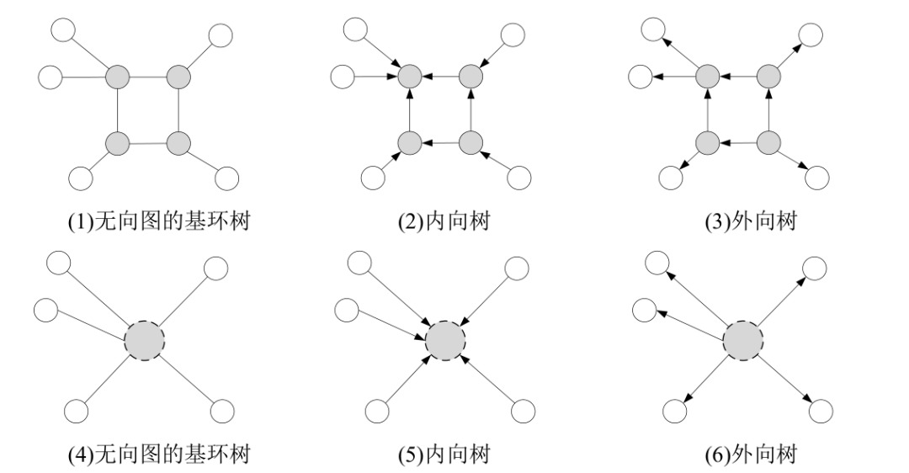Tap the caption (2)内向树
coord(444,223)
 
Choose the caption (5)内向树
coord(444,455)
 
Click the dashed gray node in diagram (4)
coord(145,342)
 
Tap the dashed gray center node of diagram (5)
coord(445,342)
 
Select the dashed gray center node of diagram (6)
coord(743,342)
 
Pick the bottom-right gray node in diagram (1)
coord(178,143)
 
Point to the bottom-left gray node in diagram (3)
coord(707,143)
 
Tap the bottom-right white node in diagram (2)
coord(520,178)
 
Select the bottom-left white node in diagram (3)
coord(671,178)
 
